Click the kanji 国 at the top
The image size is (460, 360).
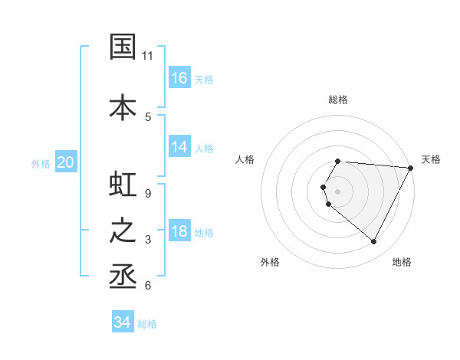pyautogui.click(x=123, y=47)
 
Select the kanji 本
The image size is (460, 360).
pyautogui.click(x=123, y=108)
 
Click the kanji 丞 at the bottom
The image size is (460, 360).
pyautogui.click(x=123, y=275)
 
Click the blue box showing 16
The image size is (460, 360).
pyautogui.click(x=179, y=78)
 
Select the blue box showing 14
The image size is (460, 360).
pyautogui.click(x=179, y=147)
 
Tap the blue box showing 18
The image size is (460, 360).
pyautogui.click(x=179, y=231)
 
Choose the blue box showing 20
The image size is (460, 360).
pyautogui.click(x=66, y=162)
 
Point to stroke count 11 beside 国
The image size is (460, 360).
pyautogui.click(x=148, y=56)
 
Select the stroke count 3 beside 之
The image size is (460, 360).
pyautogui.click(x=148, y=240)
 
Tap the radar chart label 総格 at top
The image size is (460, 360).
pyautogui.click(x=338, y=100)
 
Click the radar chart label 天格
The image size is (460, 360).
pyautogui.click(x=431, y=159)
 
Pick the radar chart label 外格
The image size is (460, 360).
pyautogui.click(x=270, y=262)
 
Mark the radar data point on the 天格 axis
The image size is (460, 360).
pyautogui.click(x=411, y=168)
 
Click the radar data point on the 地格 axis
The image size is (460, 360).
pyautogui.click(x=374, y=242)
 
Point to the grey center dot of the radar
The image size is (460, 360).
pyautogui.click(x=338, y=191)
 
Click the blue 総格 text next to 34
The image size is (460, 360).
pyautogui.click(x=147, y=324)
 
